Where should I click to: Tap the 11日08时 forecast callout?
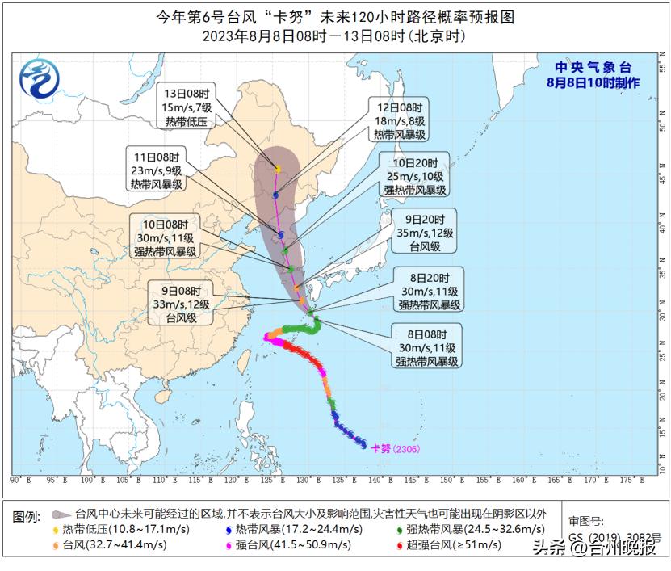click(x=157, y=170)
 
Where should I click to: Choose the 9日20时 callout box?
click(x=425, y=232)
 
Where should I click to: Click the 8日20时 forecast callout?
click(x=430, y=290)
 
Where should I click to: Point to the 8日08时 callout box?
click(x=427, y=346)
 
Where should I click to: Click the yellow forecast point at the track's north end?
click(x=279, y=169)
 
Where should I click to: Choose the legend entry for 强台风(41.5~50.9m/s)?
click(x=293, y=544)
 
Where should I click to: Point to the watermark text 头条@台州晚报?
click(x=595, y=548)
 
